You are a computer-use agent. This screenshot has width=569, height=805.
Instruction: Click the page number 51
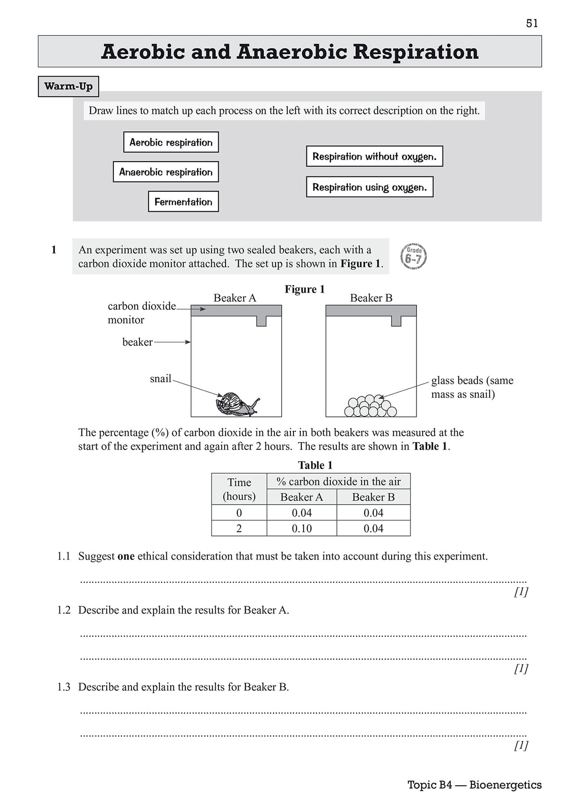click(532, 23)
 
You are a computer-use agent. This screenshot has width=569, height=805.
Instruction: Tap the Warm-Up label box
click(68, 86)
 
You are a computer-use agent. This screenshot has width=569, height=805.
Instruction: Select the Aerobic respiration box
click(171, 142)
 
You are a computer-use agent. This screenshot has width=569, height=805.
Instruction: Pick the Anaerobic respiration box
click(166, 172)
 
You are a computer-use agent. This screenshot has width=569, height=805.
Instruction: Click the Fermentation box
click(183, 202)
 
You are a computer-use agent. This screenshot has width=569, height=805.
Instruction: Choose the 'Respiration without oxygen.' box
click(375, 156)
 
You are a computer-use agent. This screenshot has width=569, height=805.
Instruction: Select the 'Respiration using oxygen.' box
click(370, 187)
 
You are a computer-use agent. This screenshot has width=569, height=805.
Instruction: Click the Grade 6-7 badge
click(413, 257)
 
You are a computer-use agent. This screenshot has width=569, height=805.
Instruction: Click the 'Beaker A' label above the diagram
click(235, 298)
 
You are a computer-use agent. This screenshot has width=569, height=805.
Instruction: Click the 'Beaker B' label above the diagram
click(371, 298)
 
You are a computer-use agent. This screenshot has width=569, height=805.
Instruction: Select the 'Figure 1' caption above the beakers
click(304, 289)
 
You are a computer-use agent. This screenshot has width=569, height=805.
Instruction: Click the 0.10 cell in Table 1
click(302, 529)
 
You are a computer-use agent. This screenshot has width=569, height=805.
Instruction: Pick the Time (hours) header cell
click(239, 489)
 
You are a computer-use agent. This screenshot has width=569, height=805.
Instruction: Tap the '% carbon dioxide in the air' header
click(339, 482)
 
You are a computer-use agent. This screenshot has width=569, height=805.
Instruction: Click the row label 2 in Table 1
click(239, 529)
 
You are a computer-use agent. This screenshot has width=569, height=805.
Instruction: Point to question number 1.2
click(64, 610)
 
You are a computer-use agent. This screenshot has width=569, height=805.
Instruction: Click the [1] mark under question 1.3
click(521, 746)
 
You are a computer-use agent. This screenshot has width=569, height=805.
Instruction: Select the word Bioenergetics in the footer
click(505, 785)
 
